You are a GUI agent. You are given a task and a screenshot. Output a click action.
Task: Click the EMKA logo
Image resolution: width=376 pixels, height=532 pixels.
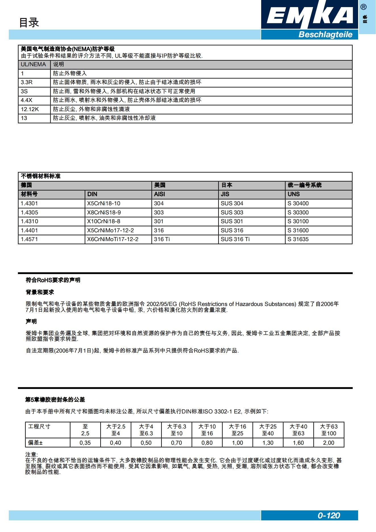(309, 15)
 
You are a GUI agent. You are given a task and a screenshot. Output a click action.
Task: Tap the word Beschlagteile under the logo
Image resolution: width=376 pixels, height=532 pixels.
(325, 35)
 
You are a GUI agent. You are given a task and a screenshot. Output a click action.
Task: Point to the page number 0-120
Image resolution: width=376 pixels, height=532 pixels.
(329, 516)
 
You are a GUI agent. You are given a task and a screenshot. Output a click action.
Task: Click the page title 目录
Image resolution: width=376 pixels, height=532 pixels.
(29, 22)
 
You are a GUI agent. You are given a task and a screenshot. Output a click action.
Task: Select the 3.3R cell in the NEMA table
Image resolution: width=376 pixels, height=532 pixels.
(27, 82)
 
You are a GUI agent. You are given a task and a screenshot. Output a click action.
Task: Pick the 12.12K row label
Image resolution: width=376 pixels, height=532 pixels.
(30, 109)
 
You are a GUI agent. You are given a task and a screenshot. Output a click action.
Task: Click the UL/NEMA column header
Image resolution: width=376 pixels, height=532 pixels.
(33, 65)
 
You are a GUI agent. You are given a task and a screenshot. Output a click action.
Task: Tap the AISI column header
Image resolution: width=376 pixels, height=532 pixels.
(159, 194)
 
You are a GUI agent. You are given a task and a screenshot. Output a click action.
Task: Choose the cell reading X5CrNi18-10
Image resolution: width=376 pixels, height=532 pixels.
(104, 204)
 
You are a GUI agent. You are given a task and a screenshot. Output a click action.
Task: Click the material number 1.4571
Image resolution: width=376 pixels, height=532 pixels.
(29, 239)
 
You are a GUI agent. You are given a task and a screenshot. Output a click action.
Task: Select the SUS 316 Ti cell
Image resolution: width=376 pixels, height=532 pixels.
(235, 239)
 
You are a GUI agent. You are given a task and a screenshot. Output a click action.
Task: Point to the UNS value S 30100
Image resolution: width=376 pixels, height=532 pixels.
(298, 222)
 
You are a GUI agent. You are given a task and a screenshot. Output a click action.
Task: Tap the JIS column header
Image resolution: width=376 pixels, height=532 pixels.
(225, 194)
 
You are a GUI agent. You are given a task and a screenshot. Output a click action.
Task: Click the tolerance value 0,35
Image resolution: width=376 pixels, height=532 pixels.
(85, 443)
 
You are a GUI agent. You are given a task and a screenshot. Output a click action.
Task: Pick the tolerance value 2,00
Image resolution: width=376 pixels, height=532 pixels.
(329, 443)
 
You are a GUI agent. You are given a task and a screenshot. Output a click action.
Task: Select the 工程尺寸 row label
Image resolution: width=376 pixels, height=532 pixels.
(39, 427)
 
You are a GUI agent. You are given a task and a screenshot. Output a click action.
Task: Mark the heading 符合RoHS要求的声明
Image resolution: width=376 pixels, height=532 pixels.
(53, 280)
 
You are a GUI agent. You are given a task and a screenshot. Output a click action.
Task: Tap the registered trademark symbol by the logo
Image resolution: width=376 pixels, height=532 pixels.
(363, 7)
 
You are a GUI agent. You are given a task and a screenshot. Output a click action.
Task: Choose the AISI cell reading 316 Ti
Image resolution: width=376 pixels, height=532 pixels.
(162, 239)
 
